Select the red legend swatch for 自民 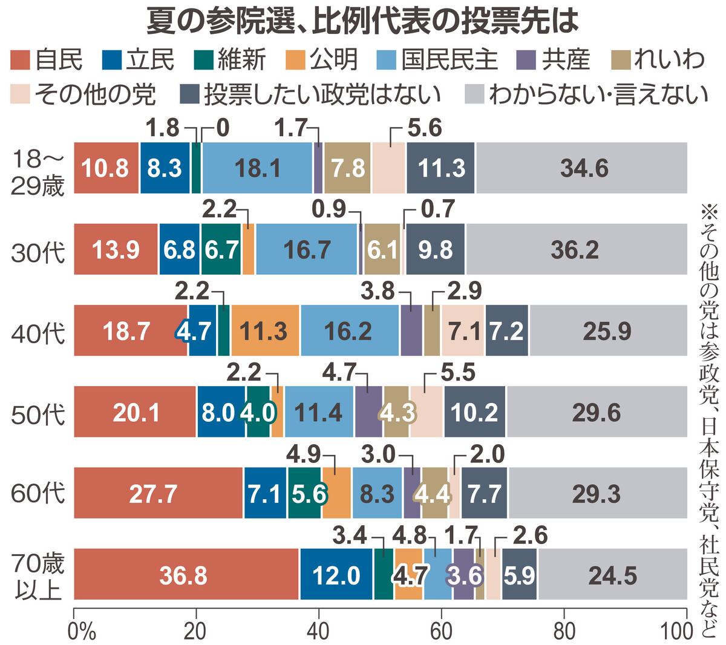click(x=21, y=60)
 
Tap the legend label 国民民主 click(x=448, y=60)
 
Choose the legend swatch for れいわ click(x=622, y=60)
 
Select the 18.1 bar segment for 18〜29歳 click(x=257, y=168)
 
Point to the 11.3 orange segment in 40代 click(x=266, y=331)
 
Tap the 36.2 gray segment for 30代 click(x=576, y=249)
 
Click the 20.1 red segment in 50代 click(x=135, y=412)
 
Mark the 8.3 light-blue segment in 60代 click(x=377, y=493)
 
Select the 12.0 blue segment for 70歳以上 click(x=336, y=574)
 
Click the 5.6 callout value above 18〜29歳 click(x=425, y=128)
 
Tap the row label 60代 click(x=38, y=493)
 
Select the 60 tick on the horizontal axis click(x=441, y=630)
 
